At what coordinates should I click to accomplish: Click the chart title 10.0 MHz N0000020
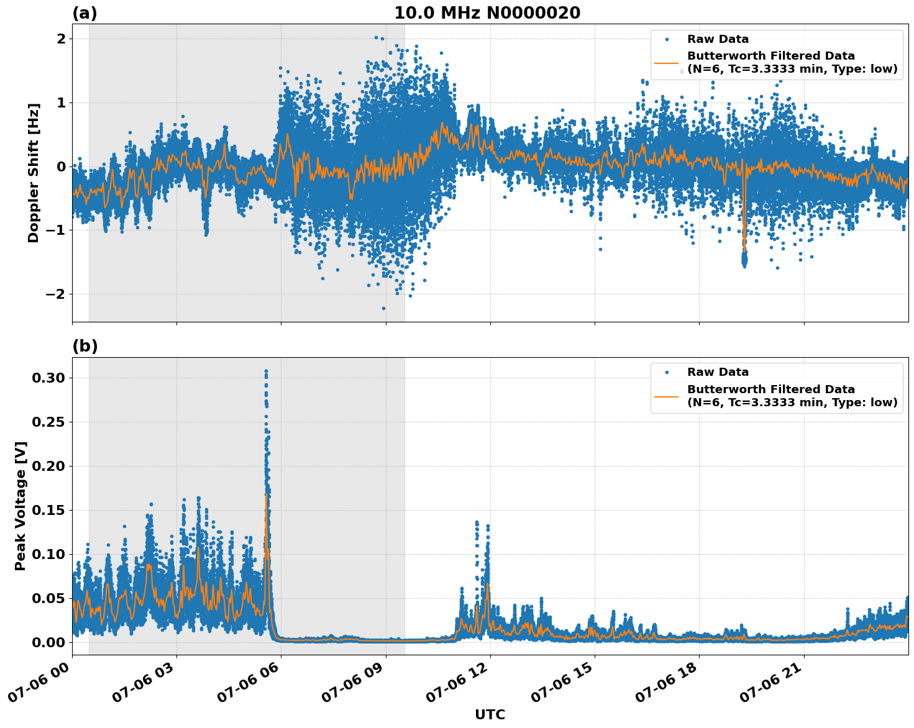[487, 13]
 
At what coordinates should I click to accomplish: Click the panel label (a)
[85, 13]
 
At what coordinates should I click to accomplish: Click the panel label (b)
[85, 347]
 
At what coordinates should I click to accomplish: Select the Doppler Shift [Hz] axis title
[34, 173]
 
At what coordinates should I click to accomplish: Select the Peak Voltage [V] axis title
[21, 506]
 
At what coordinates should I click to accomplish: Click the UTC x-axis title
[490, 714]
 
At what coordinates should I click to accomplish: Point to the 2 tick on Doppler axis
[62, 39]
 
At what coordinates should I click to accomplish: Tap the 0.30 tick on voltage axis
[49, 378]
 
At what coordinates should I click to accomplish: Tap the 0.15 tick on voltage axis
[49, 510]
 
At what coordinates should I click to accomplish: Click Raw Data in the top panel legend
[718, 39]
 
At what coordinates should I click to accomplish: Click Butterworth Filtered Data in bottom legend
[770, 389]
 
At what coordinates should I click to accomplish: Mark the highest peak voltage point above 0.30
[266, 371]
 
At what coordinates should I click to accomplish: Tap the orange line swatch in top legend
[667, 62]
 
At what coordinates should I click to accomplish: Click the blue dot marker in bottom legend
[667, 372]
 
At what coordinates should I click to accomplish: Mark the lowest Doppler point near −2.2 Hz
[383, 308]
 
